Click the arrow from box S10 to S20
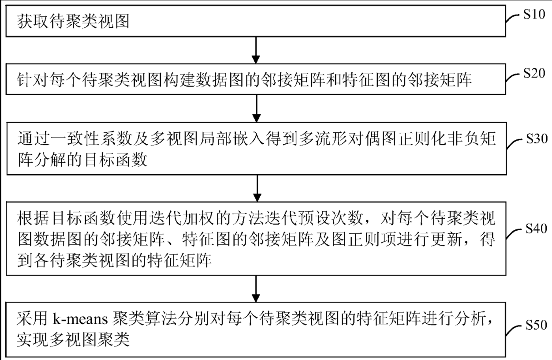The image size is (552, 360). tap(256, 49)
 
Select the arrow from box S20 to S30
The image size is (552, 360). tap(256, 108)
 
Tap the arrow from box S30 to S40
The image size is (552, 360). tap(256, 187)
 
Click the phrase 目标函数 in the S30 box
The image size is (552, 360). tap(120, 160)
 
